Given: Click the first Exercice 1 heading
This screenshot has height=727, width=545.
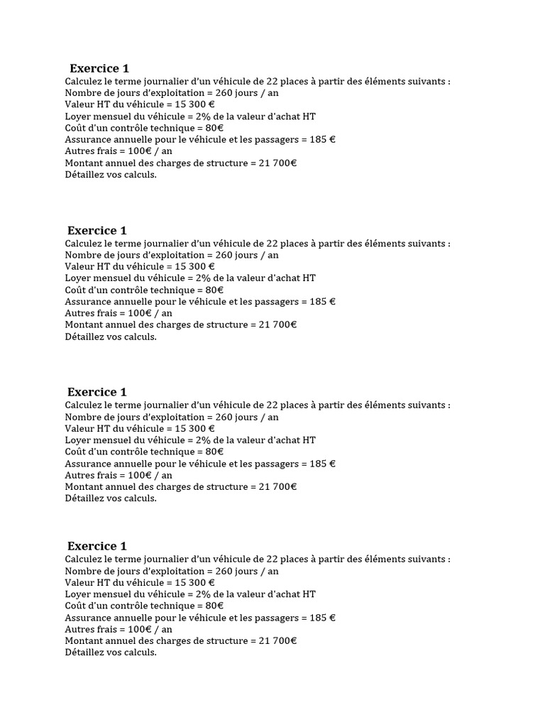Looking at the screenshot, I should [x=99, y=69].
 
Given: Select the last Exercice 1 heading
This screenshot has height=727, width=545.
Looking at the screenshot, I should [x=97, y=546].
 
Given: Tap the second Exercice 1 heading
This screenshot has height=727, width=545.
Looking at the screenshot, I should [x=97, y=231].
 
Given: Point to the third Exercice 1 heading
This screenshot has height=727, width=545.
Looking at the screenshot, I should [x=97, y=392].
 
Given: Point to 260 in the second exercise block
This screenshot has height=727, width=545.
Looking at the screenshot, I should [x=224, y=255].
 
